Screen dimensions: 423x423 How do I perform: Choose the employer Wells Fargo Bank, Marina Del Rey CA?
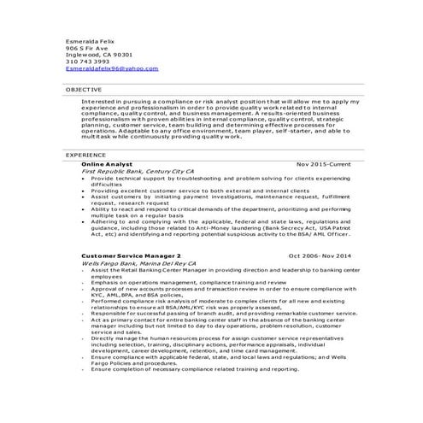pyautogui.click(x=138, y=264)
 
